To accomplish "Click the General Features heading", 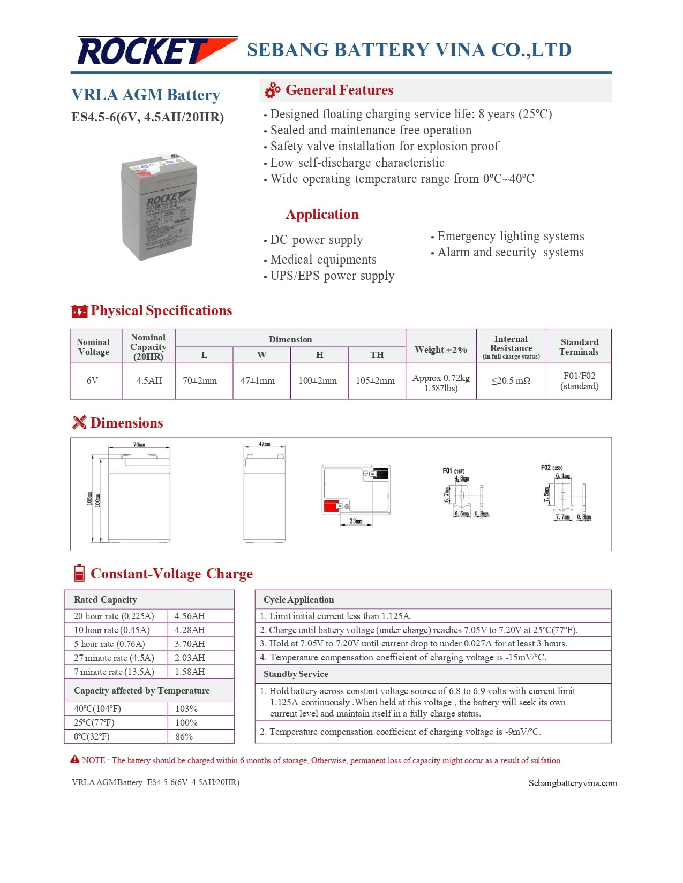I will point(339,90).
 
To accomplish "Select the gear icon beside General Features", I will point(273,90).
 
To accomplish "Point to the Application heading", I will point(322,214).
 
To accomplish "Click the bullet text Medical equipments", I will point(323,260).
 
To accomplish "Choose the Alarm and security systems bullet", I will point(510,252).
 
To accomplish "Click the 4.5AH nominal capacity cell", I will point(149,380).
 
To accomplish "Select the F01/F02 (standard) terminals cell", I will point(579,380).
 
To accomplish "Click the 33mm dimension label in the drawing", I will point(356,521).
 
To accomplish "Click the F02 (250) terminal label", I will point(551,467).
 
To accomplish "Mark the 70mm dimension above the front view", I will point(139,444).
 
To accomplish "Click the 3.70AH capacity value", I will point(190,644).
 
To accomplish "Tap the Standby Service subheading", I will point(296,674).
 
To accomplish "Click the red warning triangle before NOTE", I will point(75,759).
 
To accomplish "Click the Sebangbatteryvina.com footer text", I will point(573,783).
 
